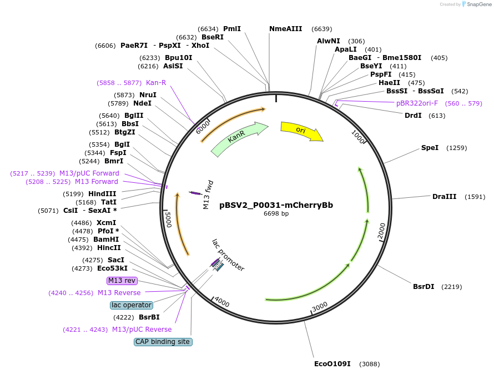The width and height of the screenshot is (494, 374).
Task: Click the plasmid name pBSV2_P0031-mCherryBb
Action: tap(276, 205)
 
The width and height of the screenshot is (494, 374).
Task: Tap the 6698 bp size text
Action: tap(276, 213)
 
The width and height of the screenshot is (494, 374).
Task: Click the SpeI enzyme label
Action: tap(430, 148)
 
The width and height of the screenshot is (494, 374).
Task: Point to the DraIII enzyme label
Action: tap(444, 197)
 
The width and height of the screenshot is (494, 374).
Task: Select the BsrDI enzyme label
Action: tap(424, 287)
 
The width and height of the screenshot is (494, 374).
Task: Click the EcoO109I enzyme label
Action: tap(332, 364)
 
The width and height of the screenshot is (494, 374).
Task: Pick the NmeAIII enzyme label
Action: tap(286, 29)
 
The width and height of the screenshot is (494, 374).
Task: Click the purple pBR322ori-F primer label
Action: tap(417, 103)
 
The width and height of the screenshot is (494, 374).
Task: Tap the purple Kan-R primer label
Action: tap(156, 83)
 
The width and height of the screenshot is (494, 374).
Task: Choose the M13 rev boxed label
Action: tap(122, 281)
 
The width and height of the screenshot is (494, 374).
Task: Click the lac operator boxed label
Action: tap(132, 305)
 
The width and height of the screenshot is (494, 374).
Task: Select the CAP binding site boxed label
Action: tap(163, 342)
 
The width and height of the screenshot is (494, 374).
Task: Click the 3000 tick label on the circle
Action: tap(320, 308)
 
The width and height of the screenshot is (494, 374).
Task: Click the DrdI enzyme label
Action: tap(413, 116)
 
